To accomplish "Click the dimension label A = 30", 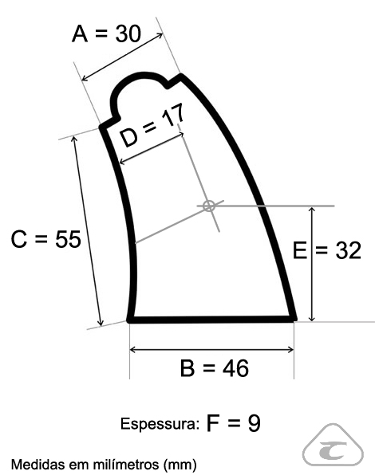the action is tap(106, 33).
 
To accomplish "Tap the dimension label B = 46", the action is tap(215, 367).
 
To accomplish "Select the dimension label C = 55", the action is tap(45, 239).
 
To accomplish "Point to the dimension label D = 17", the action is tap(152, 125).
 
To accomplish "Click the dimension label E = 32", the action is tap(327, 250).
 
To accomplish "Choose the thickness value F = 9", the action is tap(233, 423).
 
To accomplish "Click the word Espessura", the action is tap(160, 424).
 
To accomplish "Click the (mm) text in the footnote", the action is tap(180, 465).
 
